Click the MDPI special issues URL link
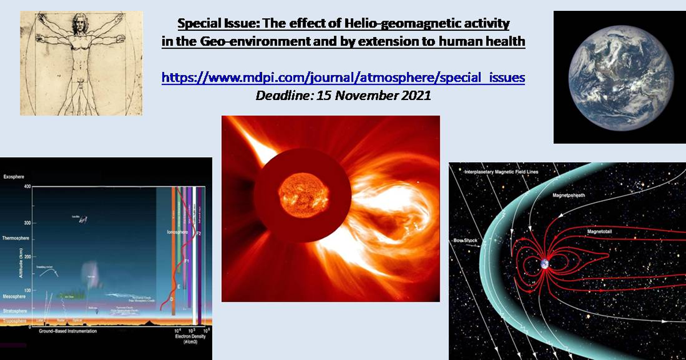click(x=343, y=77)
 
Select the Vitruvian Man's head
click(x=78, y=25)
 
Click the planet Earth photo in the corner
click(x=619, y=77)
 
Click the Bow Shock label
click(x=464, y=241)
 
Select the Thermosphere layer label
click(x=17, y=237)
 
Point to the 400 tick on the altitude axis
click(x=27, y=187)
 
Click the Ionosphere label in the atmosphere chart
click(x=175, y=233)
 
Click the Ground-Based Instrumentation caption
click(x=67, y=331)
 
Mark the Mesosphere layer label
click(x=15, y=297)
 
